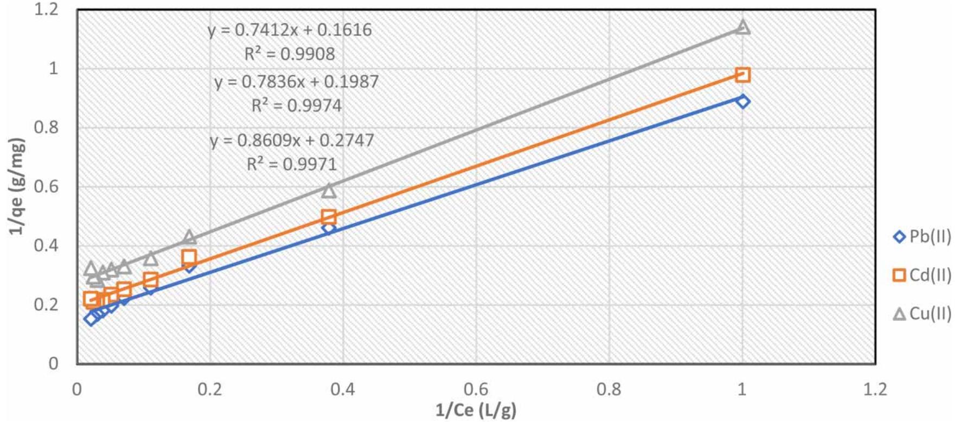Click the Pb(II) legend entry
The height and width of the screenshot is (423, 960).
tap(922, 237)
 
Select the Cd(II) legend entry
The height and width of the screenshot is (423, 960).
tap(922, 275)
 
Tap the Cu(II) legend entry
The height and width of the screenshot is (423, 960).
tap(922, 313)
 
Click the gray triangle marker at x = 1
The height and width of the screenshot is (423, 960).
tap(743, 27)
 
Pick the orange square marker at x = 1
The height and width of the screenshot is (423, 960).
tap(743, 75)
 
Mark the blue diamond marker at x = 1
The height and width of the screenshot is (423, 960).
tap(743, 101)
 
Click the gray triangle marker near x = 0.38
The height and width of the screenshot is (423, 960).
tap(329, 190)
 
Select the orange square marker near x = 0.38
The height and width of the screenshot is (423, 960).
tap(329, 217)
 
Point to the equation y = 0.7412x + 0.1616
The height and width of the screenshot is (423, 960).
tap(290, 30)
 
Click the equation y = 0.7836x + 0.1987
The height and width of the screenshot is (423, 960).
tap(296, 82)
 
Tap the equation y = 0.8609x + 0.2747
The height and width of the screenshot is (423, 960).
tap(292, 140)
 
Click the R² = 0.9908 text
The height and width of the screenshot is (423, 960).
tap(290, 54)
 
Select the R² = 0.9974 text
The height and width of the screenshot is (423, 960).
tap(296, 105)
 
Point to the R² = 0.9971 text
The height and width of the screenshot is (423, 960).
tap(292, 164)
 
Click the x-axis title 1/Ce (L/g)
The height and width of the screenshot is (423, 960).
tap(476, 410)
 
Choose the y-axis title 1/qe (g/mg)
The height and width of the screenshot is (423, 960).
tap(17, 186)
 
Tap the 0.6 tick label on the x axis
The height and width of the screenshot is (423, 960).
tap(476, 389)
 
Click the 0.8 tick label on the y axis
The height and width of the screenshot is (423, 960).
tap(46, 127)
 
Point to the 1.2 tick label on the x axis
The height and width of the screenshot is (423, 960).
tap(874, 389)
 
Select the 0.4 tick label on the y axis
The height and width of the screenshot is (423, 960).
tap(46, 245)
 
